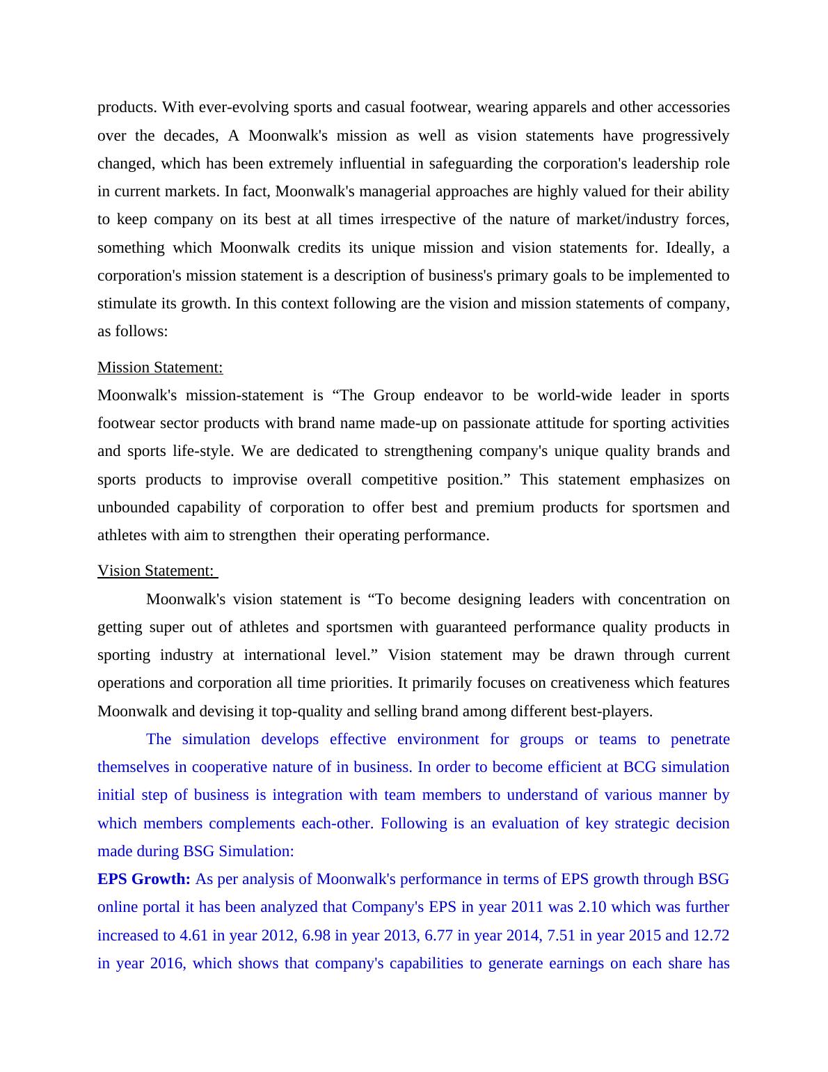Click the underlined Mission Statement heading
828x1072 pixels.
(160, 368)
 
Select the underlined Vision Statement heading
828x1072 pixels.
(156, 571)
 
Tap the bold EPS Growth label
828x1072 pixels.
(143, 879)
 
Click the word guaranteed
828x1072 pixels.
(471, 627)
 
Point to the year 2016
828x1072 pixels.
(166, 963)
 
